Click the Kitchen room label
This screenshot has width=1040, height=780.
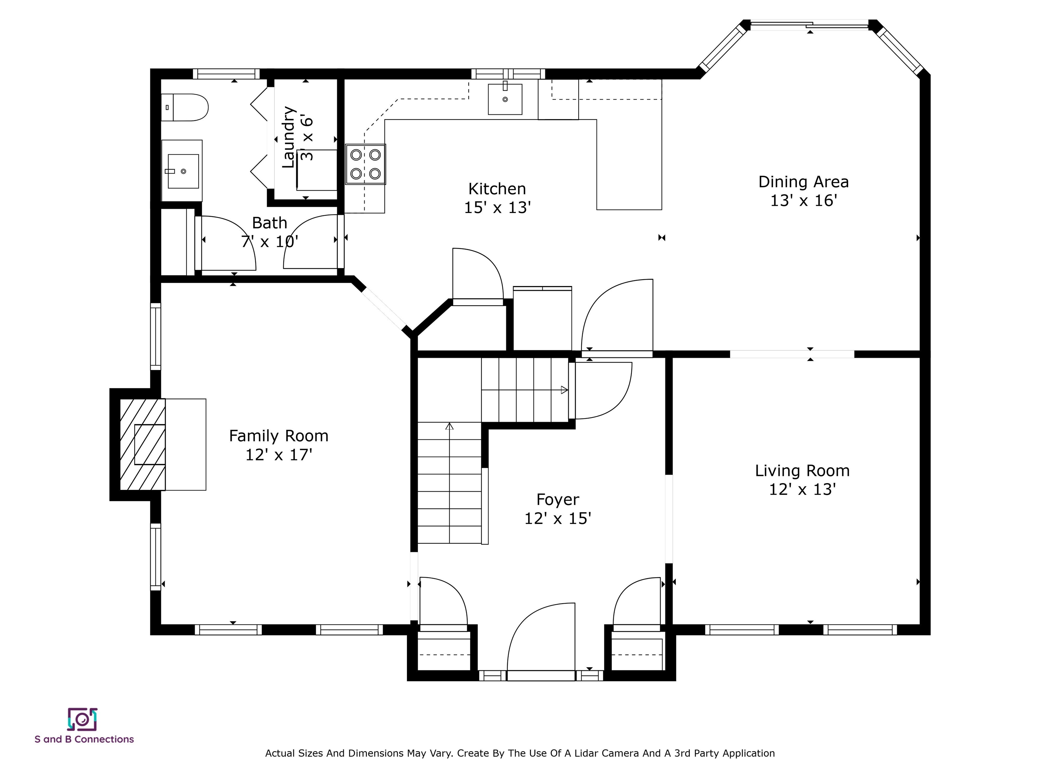(x=497, y=189)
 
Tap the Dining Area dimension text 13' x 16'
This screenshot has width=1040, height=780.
(x=803, y=201)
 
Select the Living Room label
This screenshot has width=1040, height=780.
(x=802, y=471)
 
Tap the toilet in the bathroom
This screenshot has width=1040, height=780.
(x=184, y=107)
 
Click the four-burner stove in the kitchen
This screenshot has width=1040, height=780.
(x=366, y=164)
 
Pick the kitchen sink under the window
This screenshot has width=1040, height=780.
(x=505, y=99)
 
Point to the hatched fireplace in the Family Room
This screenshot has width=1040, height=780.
(x=143, y=445)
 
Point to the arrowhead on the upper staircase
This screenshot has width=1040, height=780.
(x=565, y=390)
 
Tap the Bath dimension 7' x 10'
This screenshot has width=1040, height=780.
(x=269, y=242)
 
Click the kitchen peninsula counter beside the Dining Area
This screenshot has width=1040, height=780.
(x=629, y=164)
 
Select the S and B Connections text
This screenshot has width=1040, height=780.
(x=84, y=739)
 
